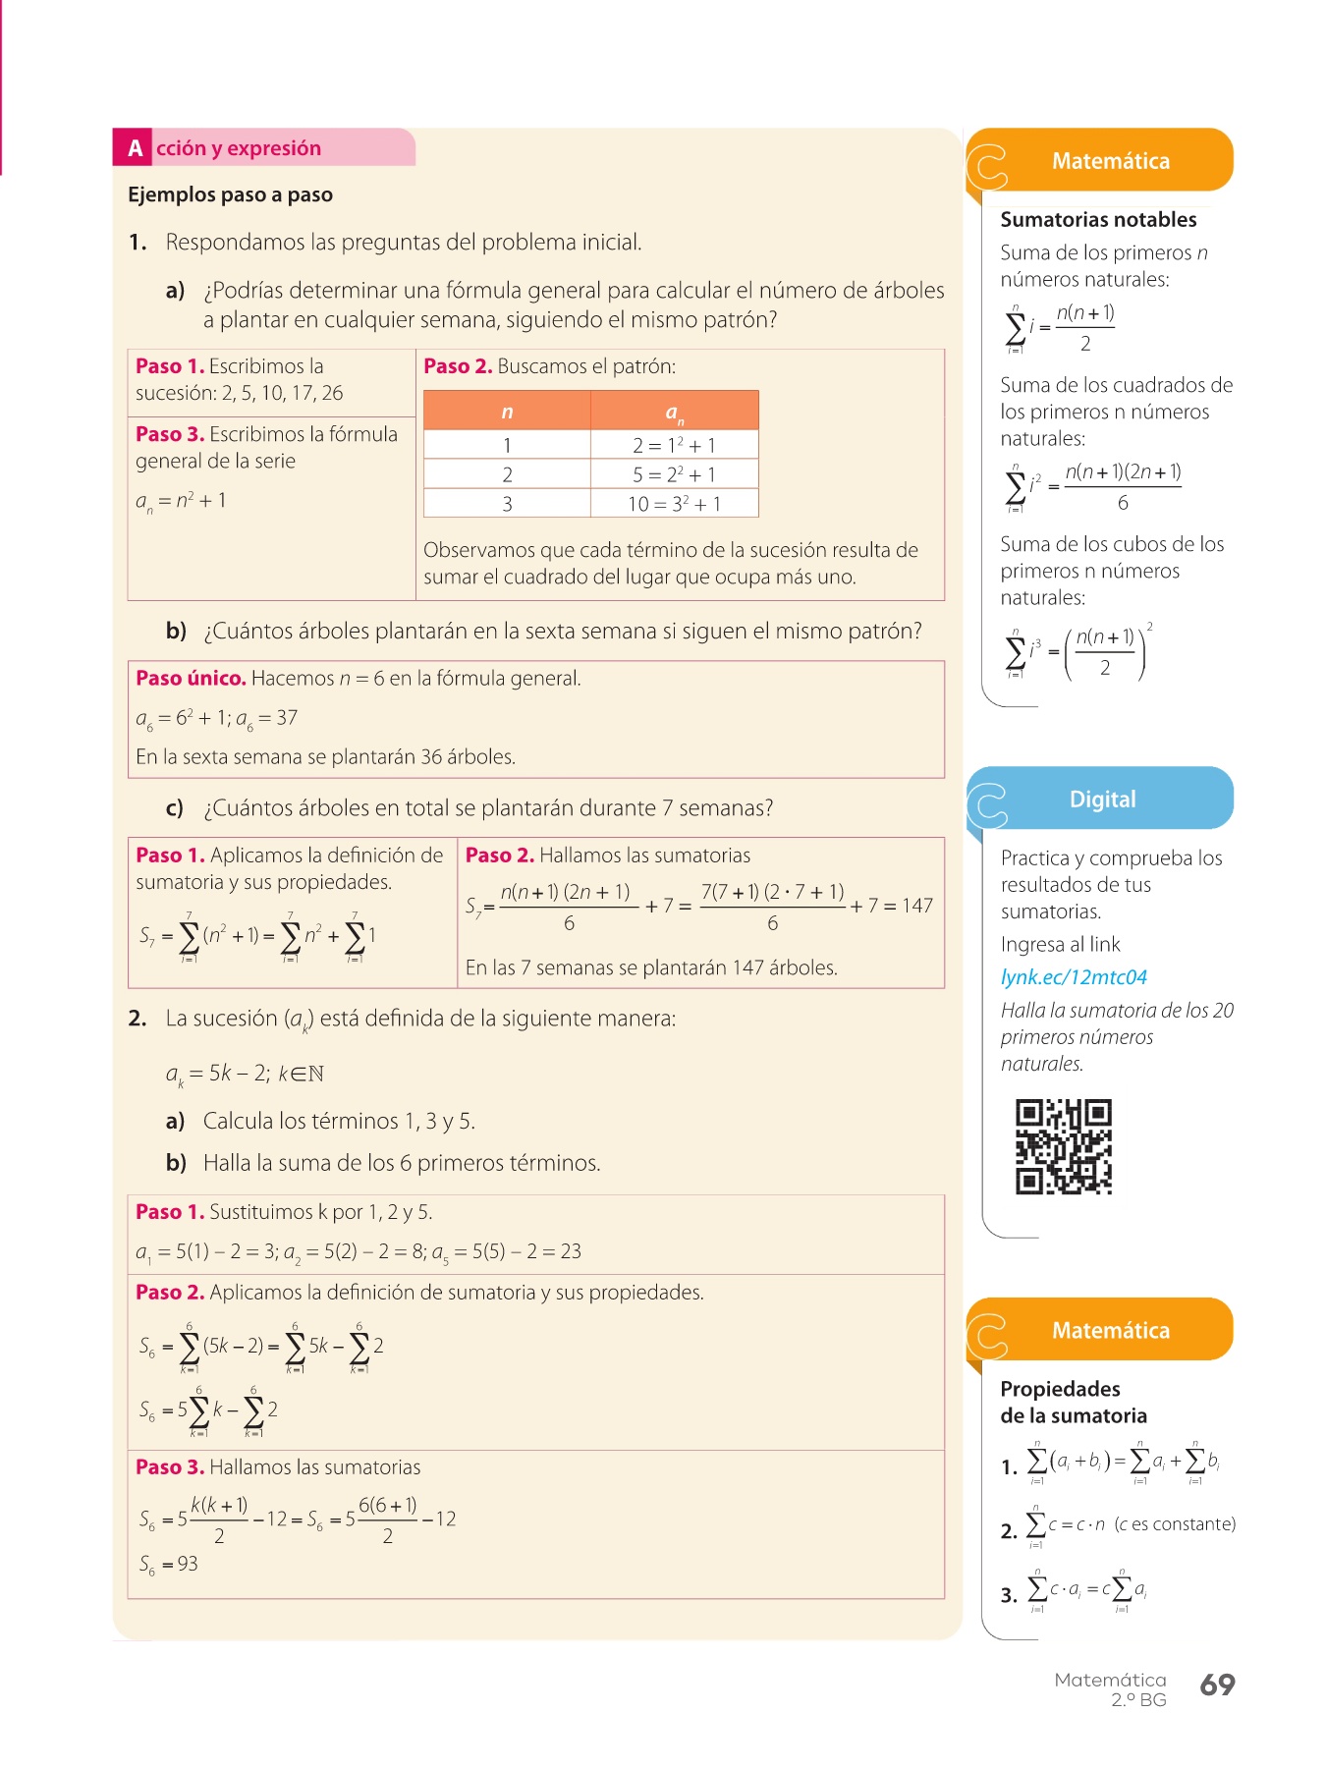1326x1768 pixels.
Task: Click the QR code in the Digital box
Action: click(x=1063, y=1146)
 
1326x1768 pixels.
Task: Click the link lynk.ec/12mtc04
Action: click(x=1074, y=977)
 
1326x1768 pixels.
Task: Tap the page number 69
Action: click(x=1217, y=1685)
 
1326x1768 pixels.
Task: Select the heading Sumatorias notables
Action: click(x=1098, y=220)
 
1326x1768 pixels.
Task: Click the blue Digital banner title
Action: click(x=1102, y=800)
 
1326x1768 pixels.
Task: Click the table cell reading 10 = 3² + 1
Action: click(x=674, y=504)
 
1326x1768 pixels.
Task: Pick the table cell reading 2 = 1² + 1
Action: click(x=674, y=445)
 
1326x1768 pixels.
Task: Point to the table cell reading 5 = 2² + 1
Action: click(x=674, y=474)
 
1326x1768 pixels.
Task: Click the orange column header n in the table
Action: click(x=507, y=412)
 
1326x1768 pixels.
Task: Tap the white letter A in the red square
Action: click(x=135, y=148)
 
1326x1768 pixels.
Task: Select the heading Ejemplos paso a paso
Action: click(x=230, y=194)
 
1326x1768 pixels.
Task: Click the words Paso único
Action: click(x=191, y=679)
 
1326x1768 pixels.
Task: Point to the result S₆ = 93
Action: click(x=169, y=1564)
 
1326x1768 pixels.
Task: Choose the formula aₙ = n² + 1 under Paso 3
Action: click(x=181, y=501)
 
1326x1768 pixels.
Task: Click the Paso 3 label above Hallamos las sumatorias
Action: click(x=170, y=1467)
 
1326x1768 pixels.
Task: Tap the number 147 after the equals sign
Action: click(x=916, y=906)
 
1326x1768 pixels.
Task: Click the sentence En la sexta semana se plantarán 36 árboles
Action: click(x=325, y=757)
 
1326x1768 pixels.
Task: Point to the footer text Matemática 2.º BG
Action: click(x=1111, y=1689)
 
